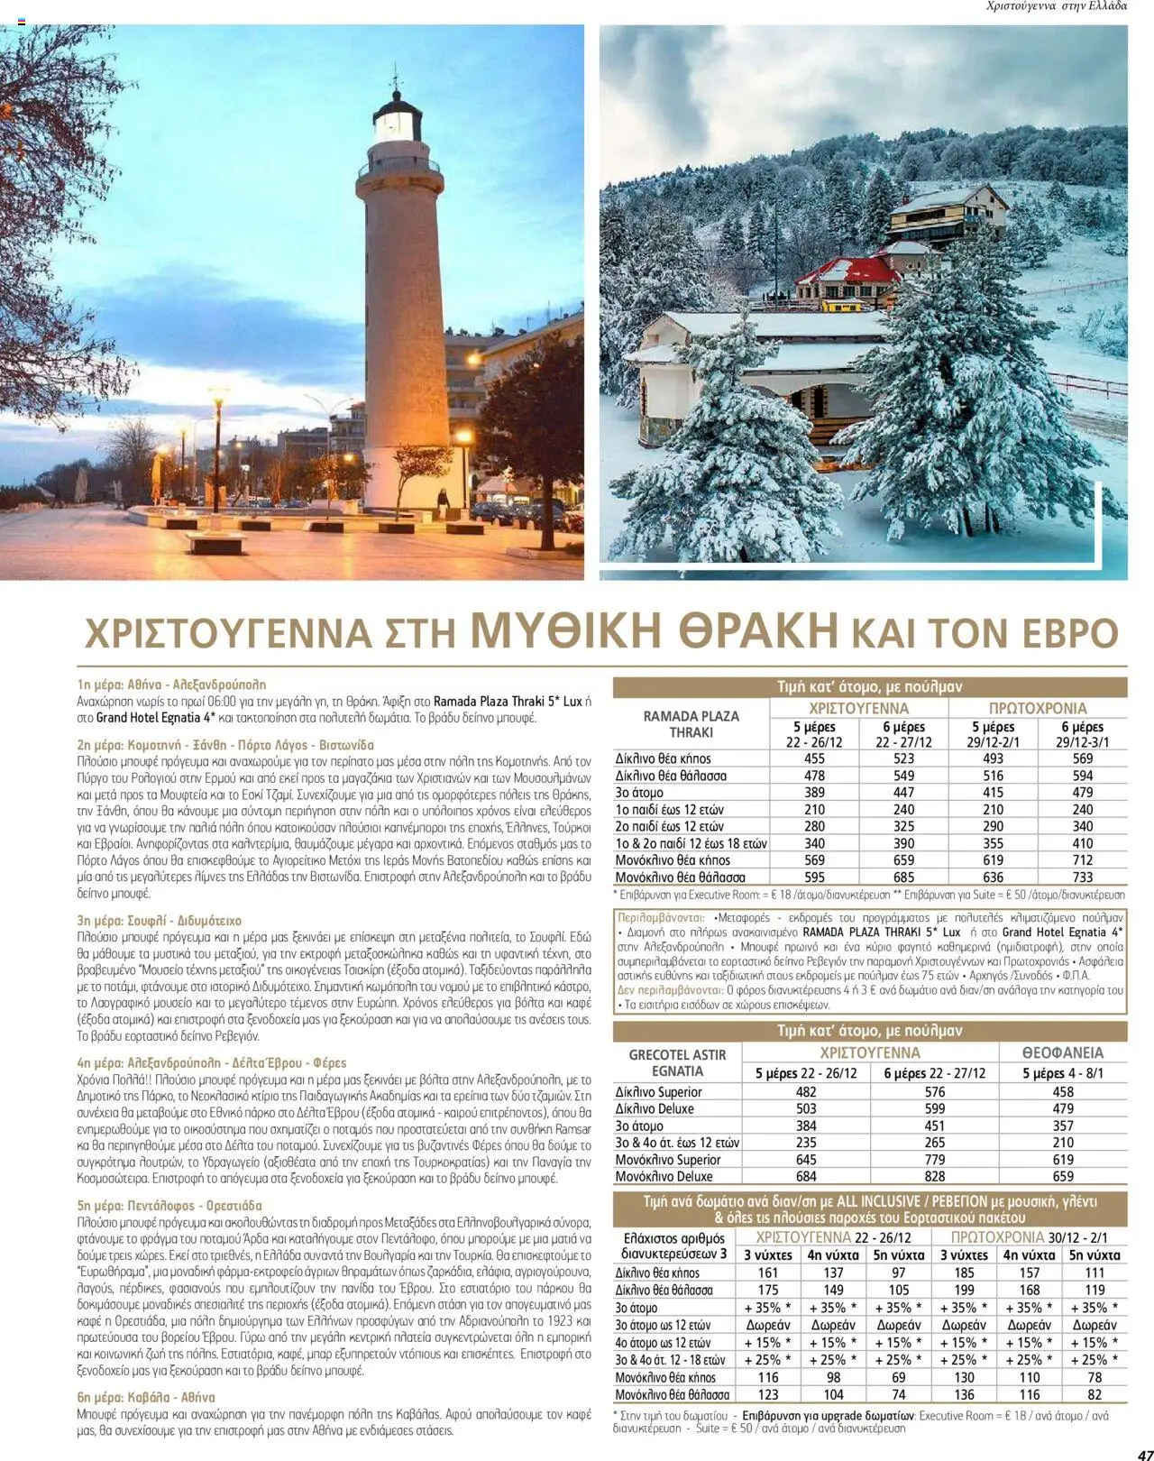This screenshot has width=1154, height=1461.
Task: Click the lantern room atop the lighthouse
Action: click(x=398, y=120)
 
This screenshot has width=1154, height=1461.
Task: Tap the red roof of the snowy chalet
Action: click(x=856, y=269)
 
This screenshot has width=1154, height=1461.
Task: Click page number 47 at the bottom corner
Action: click(x=1138, y=1452)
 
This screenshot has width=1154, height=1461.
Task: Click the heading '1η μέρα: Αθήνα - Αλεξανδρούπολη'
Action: click(x=171, y=685)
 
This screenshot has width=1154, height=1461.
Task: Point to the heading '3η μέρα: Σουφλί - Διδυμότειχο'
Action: click(x=160, y=921)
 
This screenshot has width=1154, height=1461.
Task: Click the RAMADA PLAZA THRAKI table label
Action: click(x=691, y=723)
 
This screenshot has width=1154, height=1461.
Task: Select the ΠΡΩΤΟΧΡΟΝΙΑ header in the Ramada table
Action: click(x=1037, y=708)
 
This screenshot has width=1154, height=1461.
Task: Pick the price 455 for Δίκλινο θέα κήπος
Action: click(x=814, y=758)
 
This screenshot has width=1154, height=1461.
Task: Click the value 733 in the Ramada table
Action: click(x=1082, y=877)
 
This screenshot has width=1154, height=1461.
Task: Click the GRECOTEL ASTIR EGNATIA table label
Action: click(x=677, y=1062)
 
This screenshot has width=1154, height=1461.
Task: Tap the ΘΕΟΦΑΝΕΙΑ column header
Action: click(x=1062, y=1052)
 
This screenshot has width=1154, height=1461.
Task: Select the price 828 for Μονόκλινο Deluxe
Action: click(x=934, y=1176)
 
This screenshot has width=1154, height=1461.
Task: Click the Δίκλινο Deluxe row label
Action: click(x=655, y=1108)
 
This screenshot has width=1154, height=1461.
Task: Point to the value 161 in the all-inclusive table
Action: click(x=768, y=1273)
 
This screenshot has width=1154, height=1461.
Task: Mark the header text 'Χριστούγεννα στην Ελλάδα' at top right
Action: click(x=1057, y=6)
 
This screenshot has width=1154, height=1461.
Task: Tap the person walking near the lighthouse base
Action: click(x=442, y=501)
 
